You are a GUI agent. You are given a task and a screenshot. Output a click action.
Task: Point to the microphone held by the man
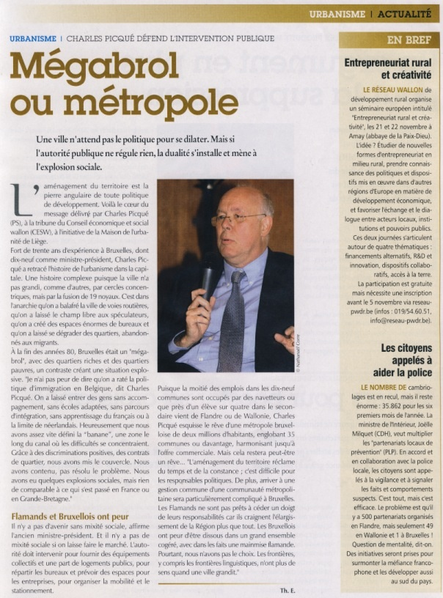coord(209,275)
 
